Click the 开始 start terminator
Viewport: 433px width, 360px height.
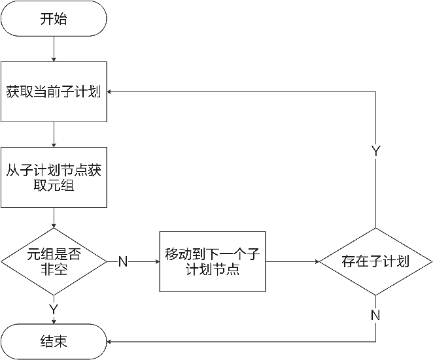click(53, 19)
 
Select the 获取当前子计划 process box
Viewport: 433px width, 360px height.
click(53, 92)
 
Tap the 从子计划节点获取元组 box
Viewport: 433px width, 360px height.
click(53, 178)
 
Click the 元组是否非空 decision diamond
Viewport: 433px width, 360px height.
click(53, 261)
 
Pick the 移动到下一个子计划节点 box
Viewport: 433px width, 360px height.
click(213, 261)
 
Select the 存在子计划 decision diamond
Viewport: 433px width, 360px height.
click(375, 262)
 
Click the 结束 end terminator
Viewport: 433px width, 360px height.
click(53, 342)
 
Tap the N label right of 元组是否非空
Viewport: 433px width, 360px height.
click(122, 262)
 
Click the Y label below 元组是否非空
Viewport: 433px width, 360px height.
click(54, 308)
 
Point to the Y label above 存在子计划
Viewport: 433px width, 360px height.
click(376, 152)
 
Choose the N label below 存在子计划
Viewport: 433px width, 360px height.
click(375, 316)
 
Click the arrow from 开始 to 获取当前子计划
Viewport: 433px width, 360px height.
click(53, 49)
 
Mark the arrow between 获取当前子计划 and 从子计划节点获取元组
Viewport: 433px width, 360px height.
click(53, 135)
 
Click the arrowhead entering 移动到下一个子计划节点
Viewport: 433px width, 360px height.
click(156, 262)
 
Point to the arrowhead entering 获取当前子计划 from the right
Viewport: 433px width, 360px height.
click(110, 92)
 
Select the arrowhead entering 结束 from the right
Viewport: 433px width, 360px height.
click(110, 342)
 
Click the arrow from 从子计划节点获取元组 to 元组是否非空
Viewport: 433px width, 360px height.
click(53, 218)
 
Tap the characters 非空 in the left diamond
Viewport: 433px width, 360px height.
click(53, 269)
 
